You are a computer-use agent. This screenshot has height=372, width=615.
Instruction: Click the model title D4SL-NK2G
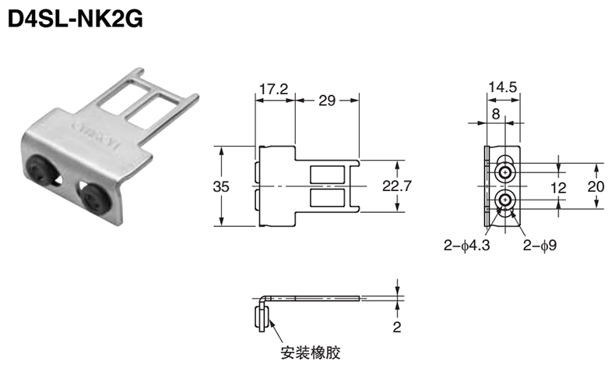[x=76, y=18]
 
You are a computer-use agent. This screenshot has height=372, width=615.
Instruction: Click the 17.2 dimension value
[x=274, y=89]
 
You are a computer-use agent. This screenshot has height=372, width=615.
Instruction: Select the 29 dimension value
[x=327, y=101]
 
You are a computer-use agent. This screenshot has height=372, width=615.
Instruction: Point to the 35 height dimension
[x=221, y=186]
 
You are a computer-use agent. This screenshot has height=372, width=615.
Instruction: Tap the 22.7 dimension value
[x=397, y=186]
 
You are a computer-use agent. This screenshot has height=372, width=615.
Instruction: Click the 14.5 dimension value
[x=503, y=87]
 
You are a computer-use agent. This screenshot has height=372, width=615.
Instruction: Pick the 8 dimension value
[x=496, y=114]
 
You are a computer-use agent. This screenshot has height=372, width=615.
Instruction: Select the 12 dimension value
[x=558, y=188]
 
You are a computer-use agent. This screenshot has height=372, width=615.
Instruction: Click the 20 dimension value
[x=596, y=186]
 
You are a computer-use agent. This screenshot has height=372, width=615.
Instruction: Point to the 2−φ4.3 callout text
[x=467, y=246]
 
